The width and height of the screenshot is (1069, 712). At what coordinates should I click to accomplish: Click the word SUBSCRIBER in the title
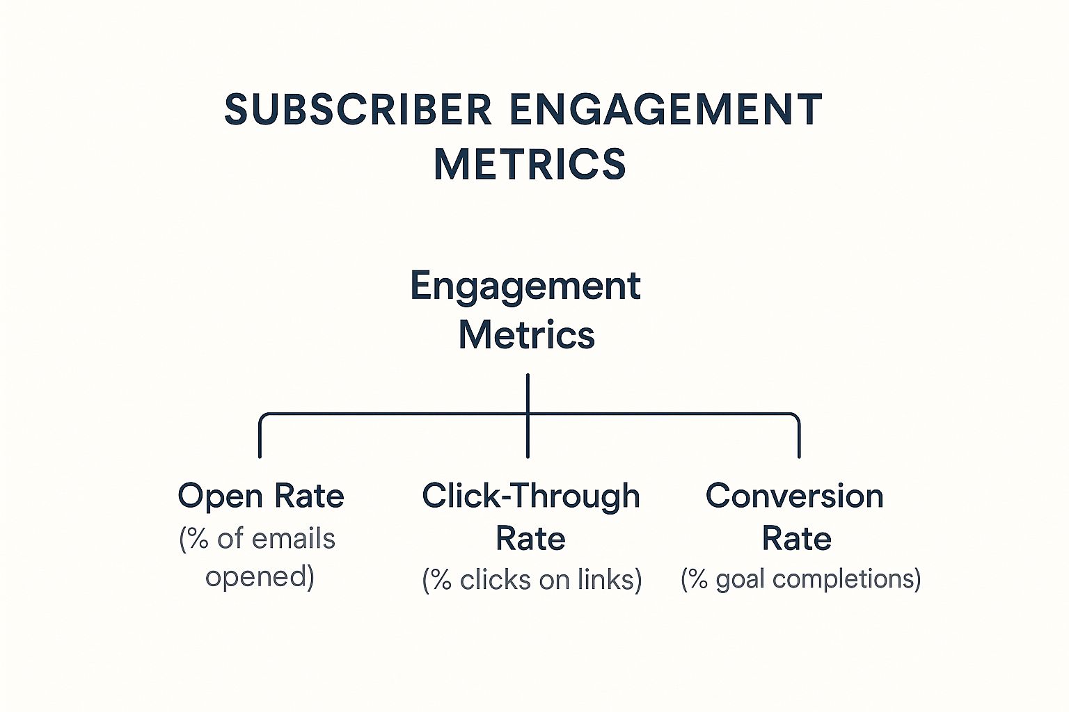[358, 109]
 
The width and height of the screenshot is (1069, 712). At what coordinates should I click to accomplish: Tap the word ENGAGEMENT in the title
[666, 109]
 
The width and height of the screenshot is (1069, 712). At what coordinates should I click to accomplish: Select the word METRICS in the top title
[530, 163]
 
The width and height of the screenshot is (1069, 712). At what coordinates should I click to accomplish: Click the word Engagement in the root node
[525, 287]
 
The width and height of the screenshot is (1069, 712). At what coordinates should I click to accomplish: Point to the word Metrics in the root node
[526, 334]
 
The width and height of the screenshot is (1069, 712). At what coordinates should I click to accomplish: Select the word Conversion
[795, 496]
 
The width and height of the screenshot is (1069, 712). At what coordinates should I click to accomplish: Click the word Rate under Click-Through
[531, 539]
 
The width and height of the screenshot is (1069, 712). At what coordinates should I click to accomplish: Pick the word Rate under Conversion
[796, 539]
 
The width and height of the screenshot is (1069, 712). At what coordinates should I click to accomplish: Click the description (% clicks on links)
[532, 580]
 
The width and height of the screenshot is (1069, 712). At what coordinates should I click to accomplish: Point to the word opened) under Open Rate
[260, 577]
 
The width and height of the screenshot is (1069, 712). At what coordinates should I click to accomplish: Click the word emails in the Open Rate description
[294, 539]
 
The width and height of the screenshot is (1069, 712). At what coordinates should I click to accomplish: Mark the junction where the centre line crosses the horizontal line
[528, 414]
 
